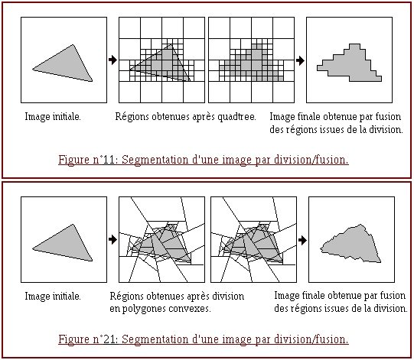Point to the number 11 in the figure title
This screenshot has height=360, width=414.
(x=108, y=160)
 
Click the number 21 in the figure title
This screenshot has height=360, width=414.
(x=108, y=339)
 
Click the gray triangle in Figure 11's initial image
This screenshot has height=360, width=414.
(x=67, y=65)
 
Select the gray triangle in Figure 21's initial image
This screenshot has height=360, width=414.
(x=67, y=245)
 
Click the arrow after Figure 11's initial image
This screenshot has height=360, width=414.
(x=112, y=60)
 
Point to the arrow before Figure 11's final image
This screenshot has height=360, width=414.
(x=300, y=60)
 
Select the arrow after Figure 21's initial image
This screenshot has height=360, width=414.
(x=112, y=239)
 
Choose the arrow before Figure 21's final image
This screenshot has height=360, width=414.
(x=302, y=240)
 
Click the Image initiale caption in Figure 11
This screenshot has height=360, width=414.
(x=53, y=117)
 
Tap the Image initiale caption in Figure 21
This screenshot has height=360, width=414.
(x=53, y=296)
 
